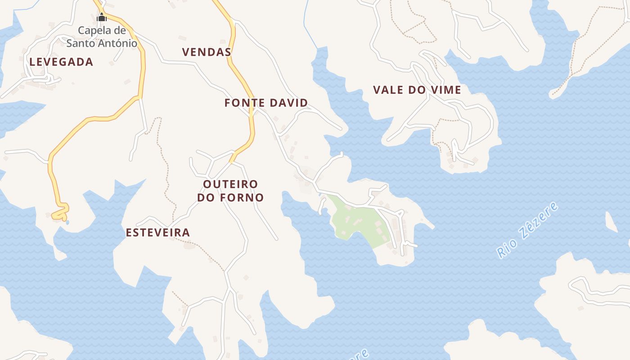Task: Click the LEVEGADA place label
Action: (61, 62)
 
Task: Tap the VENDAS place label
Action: (207, 52)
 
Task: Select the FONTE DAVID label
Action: (266, 103)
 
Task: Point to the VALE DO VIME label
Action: (417, 90)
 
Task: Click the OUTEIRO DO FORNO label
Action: (230, 191)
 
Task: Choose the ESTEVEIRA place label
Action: (157, 233)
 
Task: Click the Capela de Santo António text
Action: (102, 37)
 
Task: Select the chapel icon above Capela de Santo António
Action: (102, 18)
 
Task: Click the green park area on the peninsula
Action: (355, 220)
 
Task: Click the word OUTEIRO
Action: (230, 184)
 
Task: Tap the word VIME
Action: (445, 90)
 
